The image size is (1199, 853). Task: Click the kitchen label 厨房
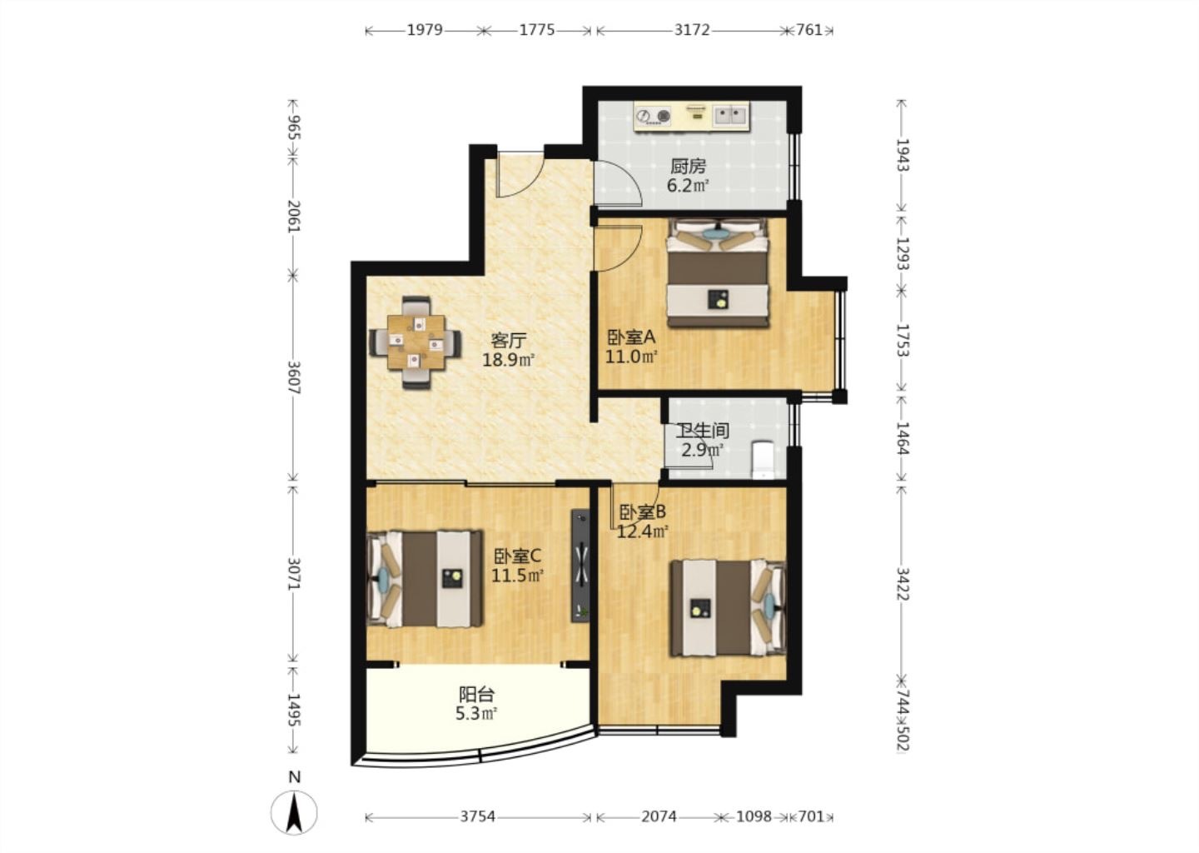tap(689, 167)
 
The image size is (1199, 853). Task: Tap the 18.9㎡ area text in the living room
tap(508, 360)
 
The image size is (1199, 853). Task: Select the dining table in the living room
tap(416, 342)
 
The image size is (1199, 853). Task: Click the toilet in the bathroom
tap(762, 460)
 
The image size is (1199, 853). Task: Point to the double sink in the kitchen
tap(731, 116)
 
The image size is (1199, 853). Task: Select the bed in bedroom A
tap(718, 272)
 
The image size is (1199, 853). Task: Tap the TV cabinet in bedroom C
tap(581, 566)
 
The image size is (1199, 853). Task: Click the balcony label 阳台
tap(477, 695)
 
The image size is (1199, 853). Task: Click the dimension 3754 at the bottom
tap(477, 816)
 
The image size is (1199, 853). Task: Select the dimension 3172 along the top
tap(692, 30)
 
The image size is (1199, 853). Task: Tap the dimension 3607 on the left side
tap(294, 378)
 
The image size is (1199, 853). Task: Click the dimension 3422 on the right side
tap(903, 583)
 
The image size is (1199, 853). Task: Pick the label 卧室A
tap(632, 337)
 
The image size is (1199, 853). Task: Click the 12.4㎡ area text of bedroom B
tap(642, 531)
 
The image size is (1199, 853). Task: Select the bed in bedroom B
tap(729, 608)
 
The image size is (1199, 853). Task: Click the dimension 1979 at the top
tap(425, 30)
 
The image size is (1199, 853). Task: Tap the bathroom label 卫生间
tap(703, 431)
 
